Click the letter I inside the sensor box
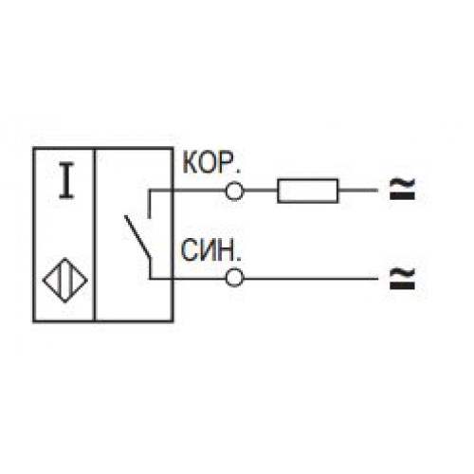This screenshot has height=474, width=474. coord(66,180)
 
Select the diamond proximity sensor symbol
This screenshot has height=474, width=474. coord(65,281)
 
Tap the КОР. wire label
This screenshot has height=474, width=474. coord(211,163)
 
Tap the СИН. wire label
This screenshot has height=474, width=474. coord(210,250)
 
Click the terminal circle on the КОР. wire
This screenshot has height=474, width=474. coord(234,191)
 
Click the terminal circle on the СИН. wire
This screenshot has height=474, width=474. coord(234,278)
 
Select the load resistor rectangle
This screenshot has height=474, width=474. coord(308,191)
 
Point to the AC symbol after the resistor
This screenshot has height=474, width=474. coord(402,189)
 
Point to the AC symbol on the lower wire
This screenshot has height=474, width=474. coord(402,278)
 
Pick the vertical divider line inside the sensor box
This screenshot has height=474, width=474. coord(95,235)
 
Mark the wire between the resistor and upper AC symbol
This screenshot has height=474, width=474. coord(358,191)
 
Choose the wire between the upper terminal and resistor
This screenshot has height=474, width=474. coord(261,191)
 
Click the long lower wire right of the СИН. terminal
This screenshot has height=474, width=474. coord(311,279)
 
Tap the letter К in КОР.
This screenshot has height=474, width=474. coord(190,163)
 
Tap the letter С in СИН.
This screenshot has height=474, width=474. coord(189,250)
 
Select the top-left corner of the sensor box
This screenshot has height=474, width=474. coord(33,148)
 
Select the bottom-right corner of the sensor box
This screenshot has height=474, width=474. coord(173,321)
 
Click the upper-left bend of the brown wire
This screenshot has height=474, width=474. coord(150,191)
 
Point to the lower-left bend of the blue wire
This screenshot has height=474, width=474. coord(150,279)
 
